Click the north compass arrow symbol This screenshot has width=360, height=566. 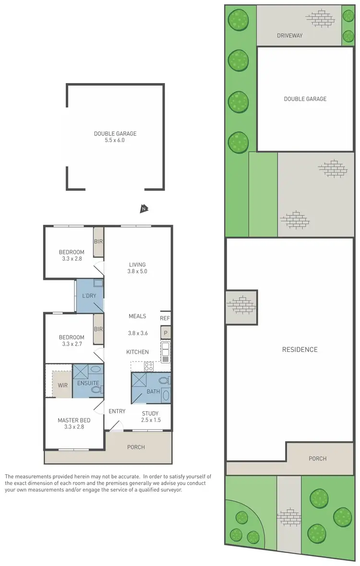click(x=144, y=208)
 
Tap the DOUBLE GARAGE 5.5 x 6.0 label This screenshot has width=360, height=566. click(x=115, y=137)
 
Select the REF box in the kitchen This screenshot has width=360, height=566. click(x=165, y=318)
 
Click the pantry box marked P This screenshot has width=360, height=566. click(x=165, y=333)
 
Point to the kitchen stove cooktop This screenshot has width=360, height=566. click(x=149, y=366)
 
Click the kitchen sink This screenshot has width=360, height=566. click(x=166, y=352)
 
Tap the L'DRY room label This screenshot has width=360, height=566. click(x=89, y=295)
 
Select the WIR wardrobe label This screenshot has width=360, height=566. click(x=62, y=385)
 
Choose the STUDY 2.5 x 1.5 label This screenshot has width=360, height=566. click(x=150, y=417)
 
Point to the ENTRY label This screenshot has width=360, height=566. click(x=117, y=411)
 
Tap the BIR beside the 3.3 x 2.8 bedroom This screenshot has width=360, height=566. click(x=98, y=241)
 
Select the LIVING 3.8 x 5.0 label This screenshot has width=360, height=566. click(x=137, y=267)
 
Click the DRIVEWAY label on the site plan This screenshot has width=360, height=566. click(x=289, y=36)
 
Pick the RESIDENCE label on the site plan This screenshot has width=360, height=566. click(x=300, y=349)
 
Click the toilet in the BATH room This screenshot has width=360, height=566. click(x=164, y=380)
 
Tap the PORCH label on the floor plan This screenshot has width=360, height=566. click(x=136, y=447)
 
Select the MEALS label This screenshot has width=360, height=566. click(x=137, y=316)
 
